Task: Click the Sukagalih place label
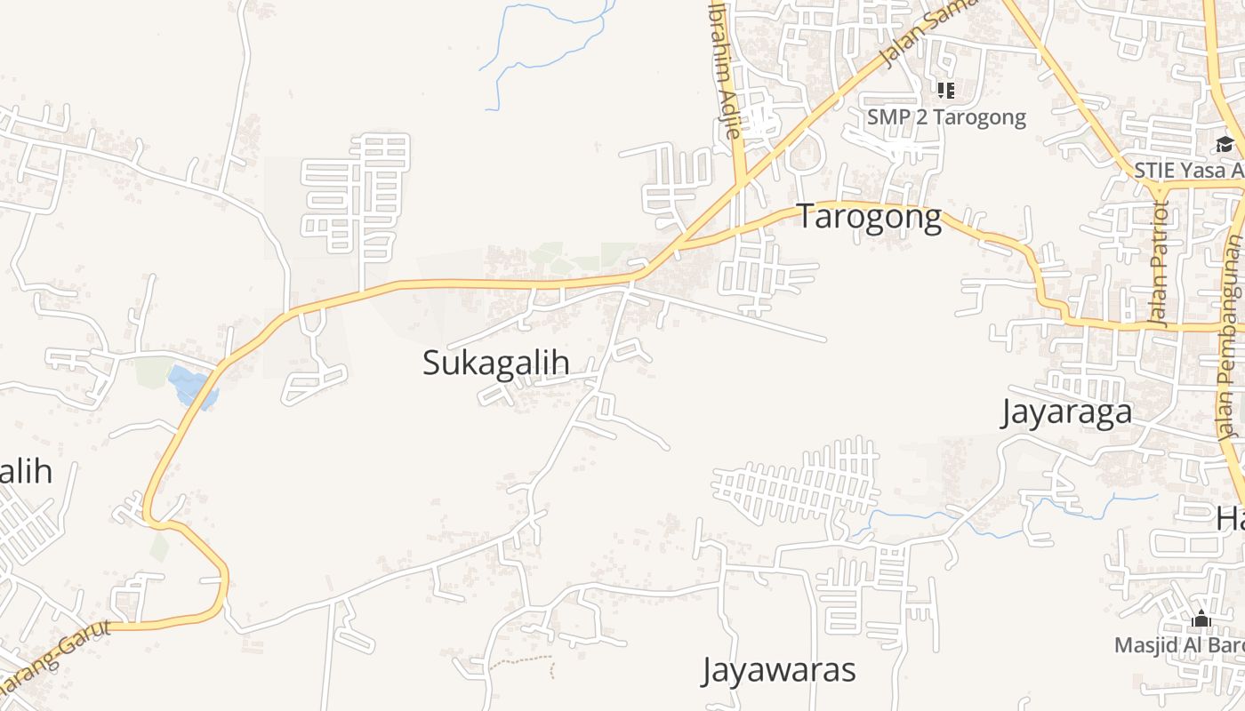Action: [x=495, y=363]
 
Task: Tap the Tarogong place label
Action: [x=868, y=216]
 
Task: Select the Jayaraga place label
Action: [x=1066, y=412]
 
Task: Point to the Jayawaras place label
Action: [x=779, y=670]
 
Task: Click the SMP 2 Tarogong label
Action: [x=946, y=117]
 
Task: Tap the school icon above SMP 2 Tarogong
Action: [x=945, y=90]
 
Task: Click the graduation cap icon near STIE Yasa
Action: [x=1225, y=145]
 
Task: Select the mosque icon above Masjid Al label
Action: [x=1201, y=619]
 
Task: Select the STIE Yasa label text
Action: [x=1188, y=170]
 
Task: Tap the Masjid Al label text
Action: [x=1179, y=644]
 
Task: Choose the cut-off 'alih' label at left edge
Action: [x=25, y=472]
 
